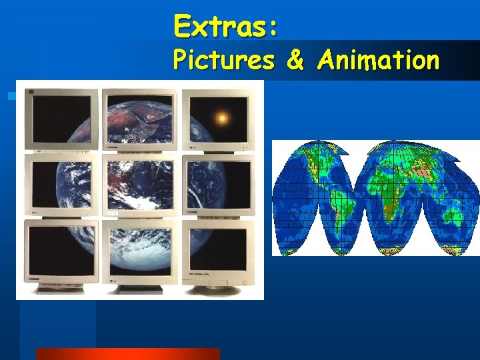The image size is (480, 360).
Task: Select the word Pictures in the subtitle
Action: (223, 60)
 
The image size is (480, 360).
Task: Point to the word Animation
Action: (378, 60)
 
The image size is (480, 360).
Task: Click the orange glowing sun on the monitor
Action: (222, 119)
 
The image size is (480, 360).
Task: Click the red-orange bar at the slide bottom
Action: (127, 354)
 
